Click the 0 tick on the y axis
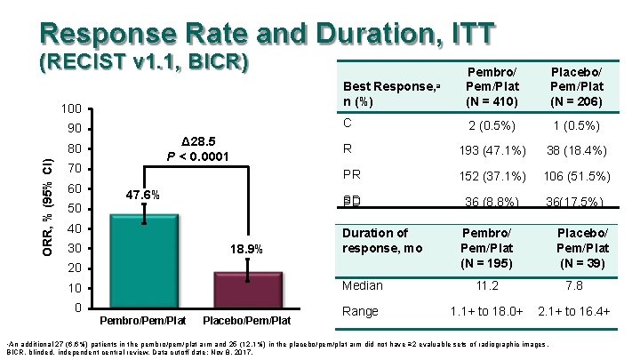coord(78,308)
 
